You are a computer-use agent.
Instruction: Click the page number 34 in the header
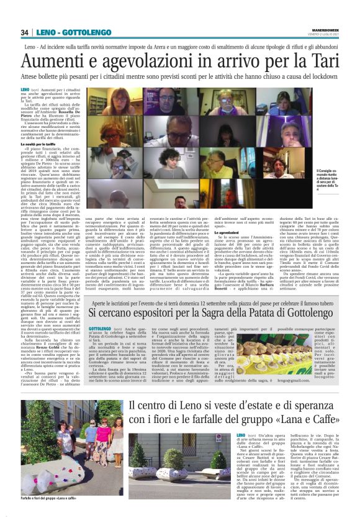pos(25,32)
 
